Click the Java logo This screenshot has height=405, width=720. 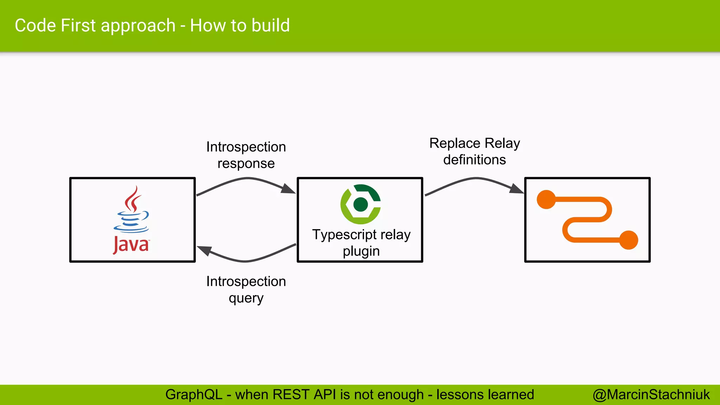point(131,220)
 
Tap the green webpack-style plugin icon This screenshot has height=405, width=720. point(361,204)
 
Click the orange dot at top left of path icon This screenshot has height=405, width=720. point(546,200)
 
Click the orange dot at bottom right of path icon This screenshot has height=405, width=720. point(628,240)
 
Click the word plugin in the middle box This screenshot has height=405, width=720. point(361,251)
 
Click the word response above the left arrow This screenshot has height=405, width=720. point(246,163)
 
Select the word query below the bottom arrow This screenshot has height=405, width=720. point(246,298)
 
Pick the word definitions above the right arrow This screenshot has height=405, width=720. point(474,160)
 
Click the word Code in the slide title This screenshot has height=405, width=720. point(35,26)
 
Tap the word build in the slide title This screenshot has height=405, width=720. point(271,26)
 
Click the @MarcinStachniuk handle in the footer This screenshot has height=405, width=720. point(651,395)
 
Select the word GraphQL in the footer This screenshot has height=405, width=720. point(194,395)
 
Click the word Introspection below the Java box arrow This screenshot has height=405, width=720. point(246,282)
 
